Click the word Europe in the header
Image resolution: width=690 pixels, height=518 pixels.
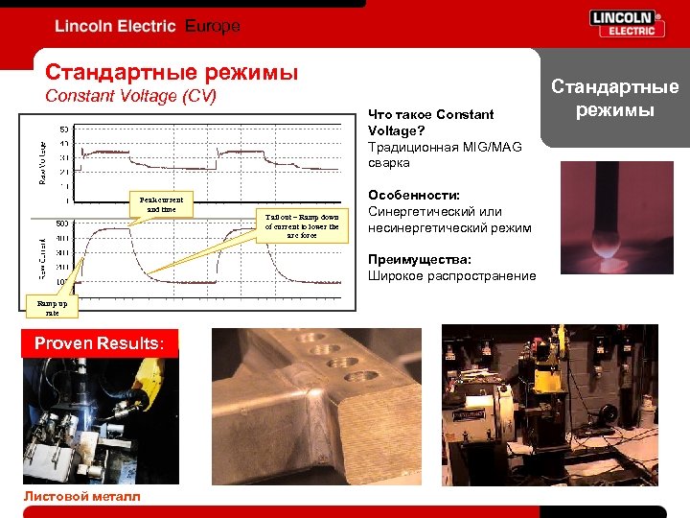(x=213, y=26)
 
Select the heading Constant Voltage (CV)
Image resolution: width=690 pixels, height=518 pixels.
(x=131, y=96)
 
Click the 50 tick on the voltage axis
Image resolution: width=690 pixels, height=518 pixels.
(x=63, y=129)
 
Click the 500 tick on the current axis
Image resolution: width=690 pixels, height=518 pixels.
(x=62, y=224)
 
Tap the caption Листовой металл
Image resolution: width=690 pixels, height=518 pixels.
(x=81, y=496)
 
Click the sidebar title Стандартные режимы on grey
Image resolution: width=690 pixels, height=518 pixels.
(x=614, y=98)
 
